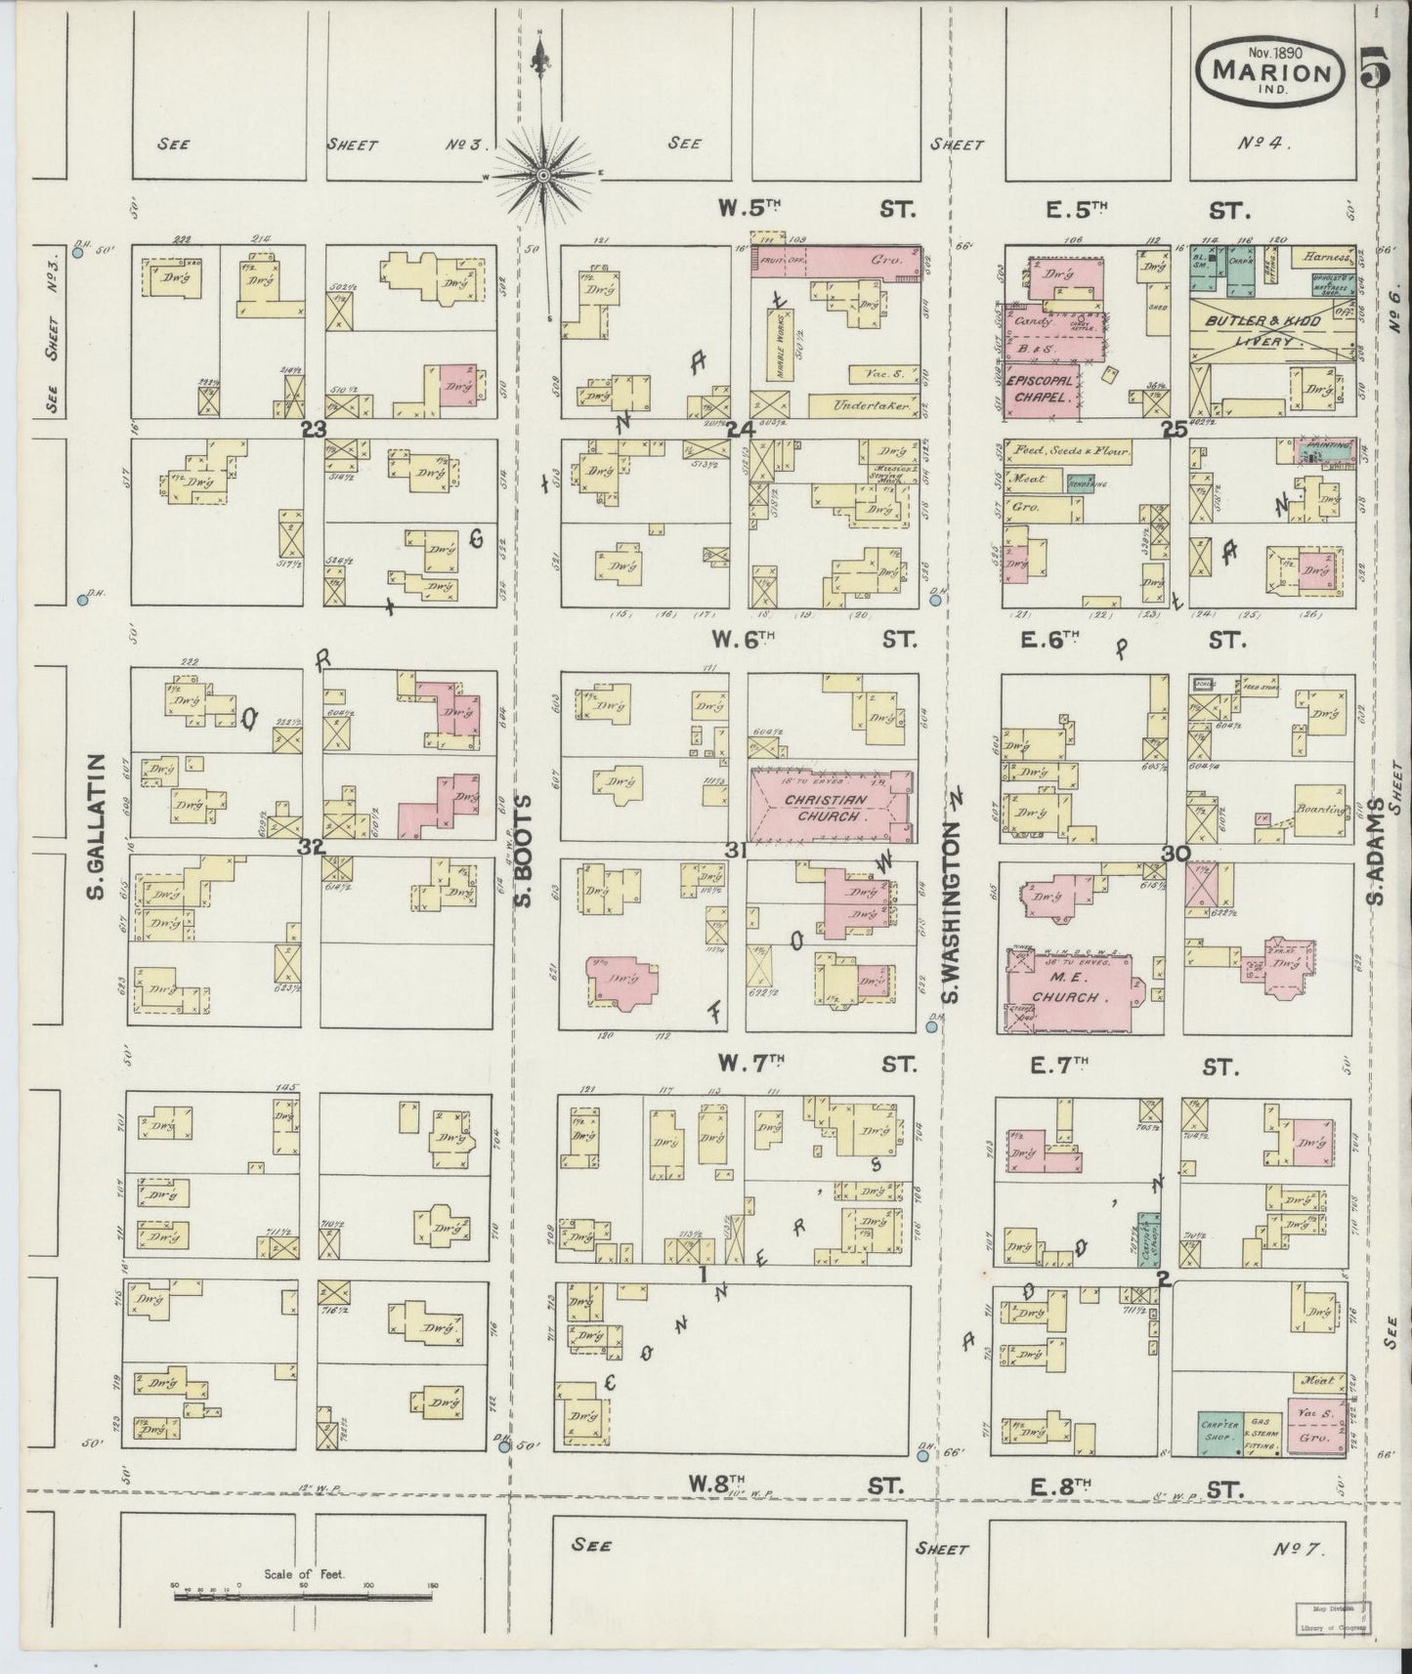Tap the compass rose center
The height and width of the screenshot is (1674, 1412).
[x=543, y=175]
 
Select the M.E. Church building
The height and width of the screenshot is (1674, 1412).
[x=1075, y=991]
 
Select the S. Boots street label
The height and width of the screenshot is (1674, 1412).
[x=524, y=850]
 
